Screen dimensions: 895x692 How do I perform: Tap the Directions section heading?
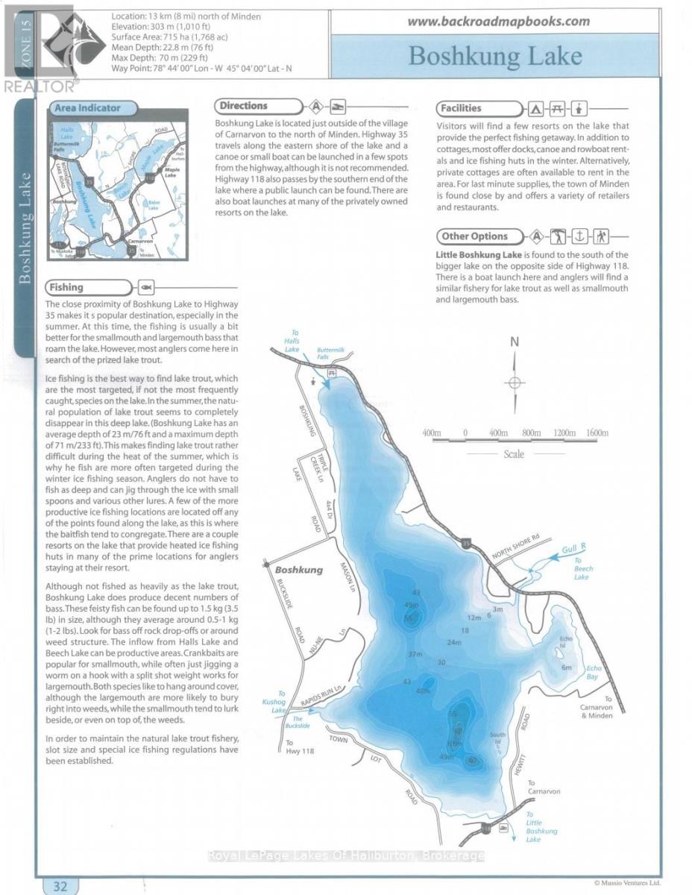(244, 107)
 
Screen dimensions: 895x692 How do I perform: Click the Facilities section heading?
(461, 108)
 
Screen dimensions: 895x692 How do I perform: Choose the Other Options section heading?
(474, 236)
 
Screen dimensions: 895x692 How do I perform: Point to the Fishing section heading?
(65, 287)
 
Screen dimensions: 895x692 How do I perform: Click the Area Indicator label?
(87, 108)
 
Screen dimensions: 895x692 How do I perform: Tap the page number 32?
(60, 886)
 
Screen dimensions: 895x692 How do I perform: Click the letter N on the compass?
(514, 342)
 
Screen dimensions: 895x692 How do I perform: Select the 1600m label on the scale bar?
(597, 433)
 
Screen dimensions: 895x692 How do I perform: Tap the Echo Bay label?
(594, 672)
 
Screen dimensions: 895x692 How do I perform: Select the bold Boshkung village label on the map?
(301, 570)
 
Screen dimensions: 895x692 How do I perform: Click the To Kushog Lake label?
(278, 703)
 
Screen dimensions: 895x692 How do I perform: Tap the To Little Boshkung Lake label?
(537, 827)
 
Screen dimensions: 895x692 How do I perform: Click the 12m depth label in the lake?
(474, 618)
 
